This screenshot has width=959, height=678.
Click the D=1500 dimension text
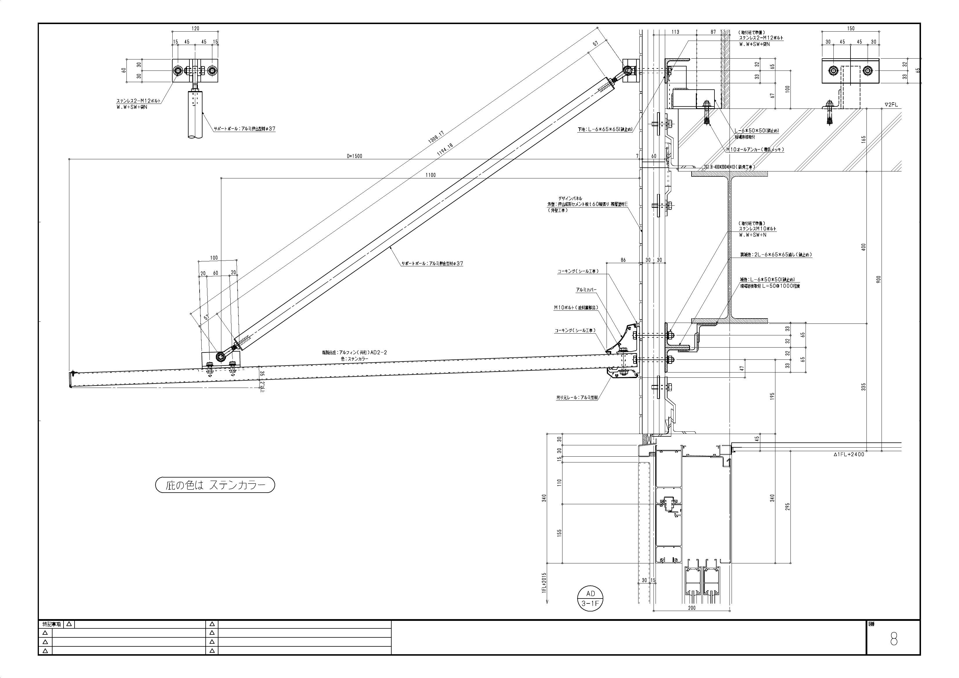[354, 156]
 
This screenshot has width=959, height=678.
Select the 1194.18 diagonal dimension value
[444, 149]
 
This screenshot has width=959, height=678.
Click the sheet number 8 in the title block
[893, 639]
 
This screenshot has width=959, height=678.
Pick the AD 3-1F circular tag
[590, 598]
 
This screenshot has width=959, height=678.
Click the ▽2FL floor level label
[891, 105]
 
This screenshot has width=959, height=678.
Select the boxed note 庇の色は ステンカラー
[215, 485]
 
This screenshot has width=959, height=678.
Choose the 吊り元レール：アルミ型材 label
[576, 398]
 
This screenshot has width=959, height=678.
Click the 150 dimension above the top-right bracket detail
[851, 28]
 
